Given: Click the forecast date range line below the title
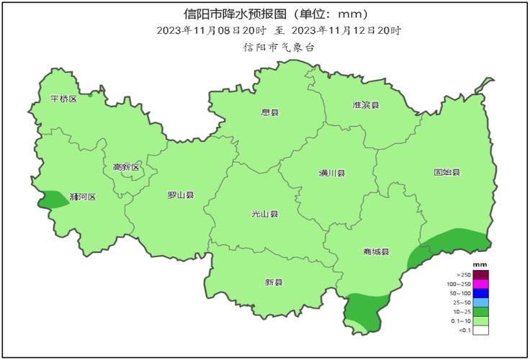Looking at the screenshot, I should (x=279, y=30).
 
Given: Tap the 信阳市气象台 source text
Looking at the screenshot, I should (x=279, y=47).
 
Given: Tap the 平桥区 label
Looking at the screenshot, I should (x=63, y=99).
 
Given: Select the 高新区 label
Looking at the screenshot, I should (x=126, y=168).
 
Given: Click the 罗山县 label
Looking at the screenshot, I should (x=180, y=195).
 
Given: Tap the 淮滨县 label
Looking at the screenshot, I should (x=365, y=105).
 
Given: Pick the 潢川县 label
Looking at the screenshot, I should (x=332, y=174).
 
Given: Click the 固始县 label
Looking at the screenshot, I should (x=446, y=173).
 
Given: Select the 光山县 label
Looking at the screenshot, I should (x=264, y=214).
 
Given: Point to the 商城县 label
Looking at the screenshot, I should (x=376, y=251).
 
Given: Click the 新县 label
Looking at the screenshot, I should (x=274, y=282).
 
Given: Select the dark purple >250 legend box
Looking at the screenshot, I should (x=480, y=274).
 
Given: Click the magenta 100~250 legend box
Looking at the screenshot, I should (x=480, y=284).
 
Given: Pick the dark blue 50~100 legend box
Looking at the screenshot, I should (x=480, y=293).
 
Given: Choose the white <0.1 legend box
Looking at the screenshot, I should (x=480, y=330).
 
